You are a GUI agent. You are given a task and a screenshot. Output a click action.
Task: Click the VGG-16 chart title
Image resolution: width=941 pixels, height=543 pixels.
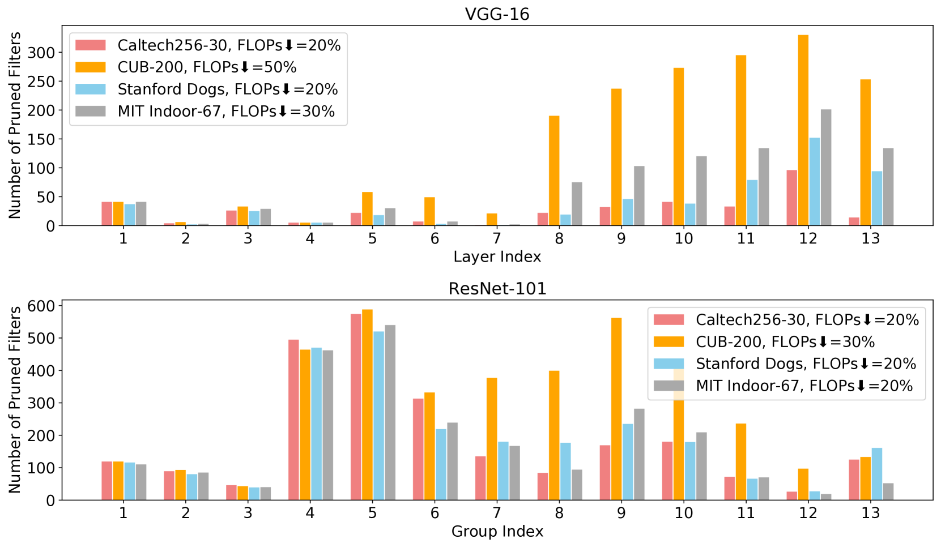(497, 14)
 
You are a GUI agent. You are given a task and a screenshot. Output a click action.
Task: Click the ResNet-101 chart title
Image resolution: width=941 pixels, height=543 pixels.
(497, 288)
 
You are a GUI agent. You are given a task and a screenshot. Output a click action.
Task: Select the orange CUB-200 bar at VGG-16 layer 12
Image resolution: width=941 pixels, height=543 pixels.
(803, 130)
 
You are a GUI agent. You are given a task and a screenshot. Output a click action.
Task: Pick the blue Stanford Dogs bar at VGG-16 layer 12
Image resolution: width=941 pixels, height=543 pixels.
(814, 182)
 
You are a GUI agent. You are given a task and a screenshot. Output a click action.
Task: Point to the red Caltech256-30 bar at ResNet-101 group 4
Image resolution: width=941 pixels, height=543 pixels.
(293, 420)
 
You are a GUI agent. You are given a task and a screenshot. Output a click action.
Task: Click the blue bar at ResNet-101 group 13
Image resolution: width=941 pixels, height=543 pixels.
(876, 474)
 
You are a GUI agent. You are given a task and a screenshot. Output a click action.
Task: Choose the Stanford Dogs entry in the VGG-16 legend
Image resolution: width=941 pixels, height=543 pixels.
(227, 89)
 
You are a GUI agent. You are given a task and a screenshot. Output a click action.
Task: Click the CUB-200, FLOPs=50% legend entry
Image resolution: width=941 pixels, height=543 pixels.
(207, 67)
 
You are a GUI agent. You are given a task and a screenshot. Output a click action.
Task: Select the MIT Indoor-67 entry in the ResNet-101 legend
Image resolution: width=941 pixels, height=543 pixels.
(804, 386)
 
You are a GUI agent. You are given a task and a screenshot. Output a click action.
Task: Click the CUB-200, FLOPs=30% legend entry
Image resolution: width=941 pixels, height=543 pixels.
(785, 342)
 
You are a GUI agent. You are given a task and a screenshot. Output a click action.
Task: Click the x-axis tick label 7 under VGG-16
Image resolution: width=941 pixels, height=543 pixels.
(497, 238)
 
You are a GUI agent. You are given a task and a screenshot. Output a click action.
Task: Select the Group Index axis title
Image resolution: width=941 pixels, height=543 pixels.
(497, 532)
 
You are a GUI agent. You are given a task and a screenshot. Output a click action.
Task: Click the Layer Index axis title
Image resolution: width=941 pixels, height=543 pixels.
(497, 257)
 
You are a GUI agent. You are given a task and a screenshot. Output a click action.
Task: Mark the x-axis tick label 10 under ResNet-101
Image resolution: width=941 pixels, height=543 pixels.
(684, 513)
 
